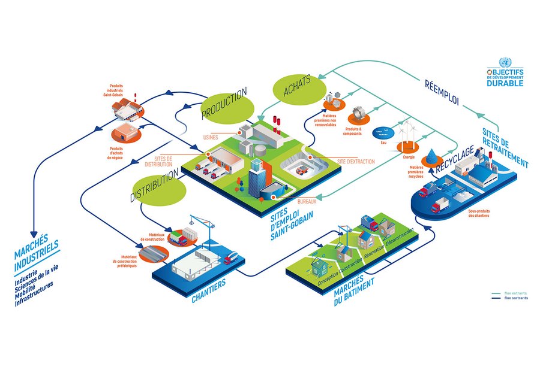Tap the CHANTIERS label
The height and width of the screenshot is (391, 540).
pos(209,287)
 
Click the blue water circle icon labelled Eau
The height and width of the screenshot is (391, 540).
pos(380,131)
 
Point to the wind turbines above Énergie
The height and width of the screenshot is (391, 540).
pos(407,134)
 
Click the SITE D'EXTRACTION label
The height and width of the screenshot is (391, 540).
pos(356,162)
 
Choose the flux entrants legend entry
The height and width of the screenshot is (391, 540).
pos(516,293)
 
